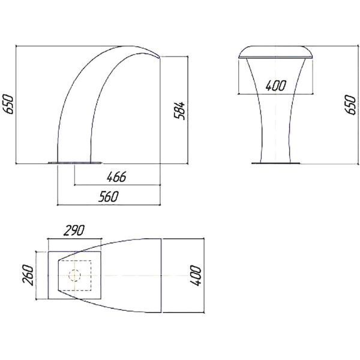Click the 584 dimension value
[179, 110]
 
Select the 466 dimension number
[116, 177]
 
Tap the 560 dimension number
[109, 197]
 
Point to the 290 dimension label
[74, 230]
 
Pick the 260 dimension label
[28, 275]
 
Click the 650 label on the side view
[8, 104]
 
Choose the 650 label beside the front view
[350, 104]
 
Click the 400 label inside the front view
[276, 85]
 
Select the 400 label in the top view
[196, 275]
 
